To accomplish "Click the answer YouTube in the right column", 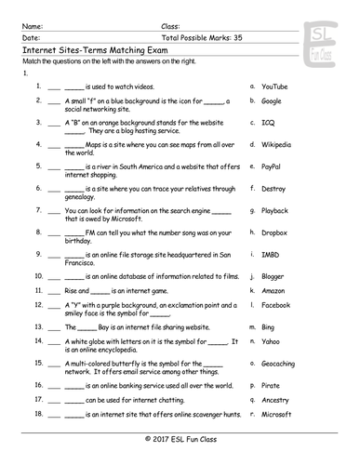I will tap(274, 86).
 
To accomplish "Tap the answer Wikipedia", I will tap(276, 144).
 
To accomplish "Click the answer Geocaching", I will tap(278, 365).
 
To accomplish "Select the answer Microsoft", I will tap(276, 414).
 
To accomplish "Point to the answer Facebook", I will tap(275, 305).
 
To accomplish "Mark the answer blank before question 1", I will tap(53, 86).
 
